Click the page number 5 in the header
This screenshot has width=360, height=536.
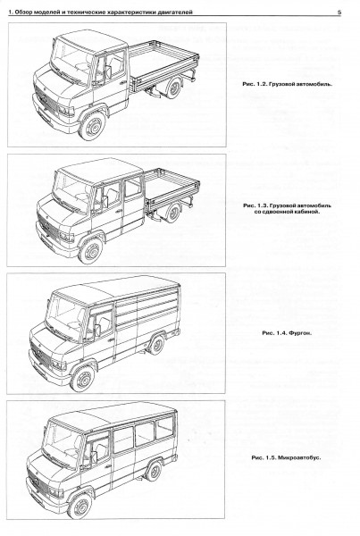(339, 12)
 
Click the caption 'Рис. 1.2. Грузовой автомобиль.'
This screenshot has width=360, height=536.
(287, 84)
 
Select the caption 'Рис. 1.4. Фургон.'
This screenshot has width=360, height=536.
(287, 332)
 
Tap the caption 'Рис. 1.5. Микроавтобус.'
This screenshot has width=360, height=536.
(286, 457)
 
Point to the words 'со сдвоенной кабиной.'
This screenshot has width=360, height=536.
(287, 212)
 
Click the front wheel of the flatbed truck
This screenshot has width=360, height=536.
(92, 126)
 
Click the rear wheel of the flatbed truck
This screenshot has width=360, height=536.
(174, 88)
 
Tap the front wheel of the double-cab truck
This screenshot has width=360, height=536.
(91, 250)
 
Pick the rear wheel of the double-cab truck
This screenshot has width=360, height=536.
(173, 213)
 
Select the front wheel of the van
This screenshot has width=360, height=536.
(83, 379)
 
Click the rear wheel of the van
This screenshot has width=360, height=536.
(157, 345)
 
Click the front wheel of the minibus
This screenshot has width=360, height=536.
(80, 506)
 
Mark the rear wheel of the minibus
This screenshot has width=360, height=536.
(154, 471)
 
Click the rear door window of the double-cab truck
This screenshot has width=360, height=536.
(133, 187)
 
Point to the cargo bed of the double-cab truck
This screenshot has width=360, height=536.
(172, 187)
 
